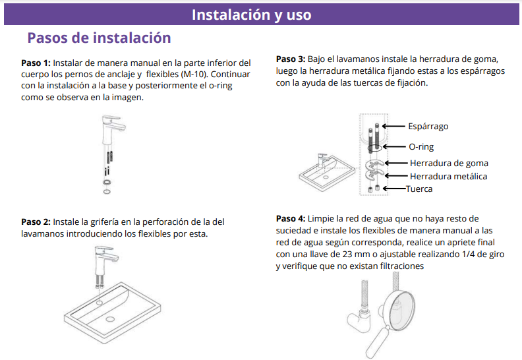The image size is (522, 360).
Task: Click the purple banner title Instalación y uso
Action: pos(251,15)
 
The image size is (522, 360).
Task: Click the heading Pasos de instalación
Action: pos(100,38)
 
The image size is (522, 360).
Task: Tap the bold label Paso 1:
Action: pos(36,63)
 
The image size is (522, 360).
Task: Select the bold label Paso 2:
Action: pos(36,222)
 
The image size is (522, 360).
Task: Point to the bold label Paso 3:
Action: pos(291,59)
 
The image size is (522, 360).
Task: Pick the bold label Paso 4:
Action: pos(291,218)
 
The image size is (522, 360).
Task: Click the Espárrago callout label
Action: pos(428,127)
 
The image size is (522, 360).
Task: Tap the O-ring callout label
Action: pos(421,147)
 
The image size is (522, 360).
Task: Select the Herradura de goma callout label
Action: pos(449,163)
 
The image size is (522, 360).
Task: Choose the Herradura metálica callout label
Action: pos(448,176)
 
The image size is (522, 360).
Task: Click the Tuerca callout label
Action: pos(419,189)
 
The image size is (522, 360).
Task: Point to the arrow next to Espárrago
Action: pos(393,126)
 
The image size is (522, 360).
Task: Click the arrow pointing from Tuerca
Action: pos(395,189)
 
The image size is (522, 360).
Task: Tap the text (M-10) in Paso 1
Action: pos(194,75)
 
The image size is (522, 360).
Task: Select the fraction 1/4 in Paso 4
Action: pos(468,254)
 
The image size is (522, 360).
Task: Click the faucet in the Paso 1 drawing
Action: pos(113,130)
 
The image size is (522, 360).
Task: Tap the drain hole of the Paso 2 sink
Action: pos(110,319)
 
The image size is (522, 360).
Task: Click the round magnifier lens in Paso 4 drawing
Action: pos(399,310)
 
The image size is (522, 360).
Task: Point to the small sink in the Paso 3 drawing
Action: pos(328,173)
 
